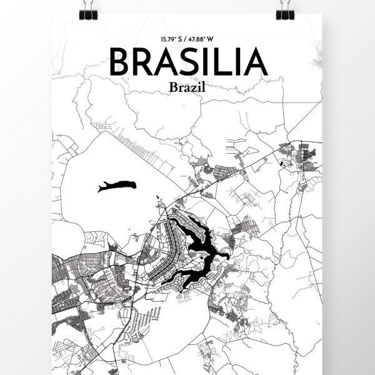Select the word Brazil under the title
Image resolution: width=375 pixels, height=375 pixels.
tap(187, 88)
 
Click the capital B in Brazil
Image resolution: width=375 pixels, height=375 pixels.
tap(172, 88)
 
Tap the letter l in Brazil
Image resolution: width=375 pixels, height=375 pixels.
tap(204, 87)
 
